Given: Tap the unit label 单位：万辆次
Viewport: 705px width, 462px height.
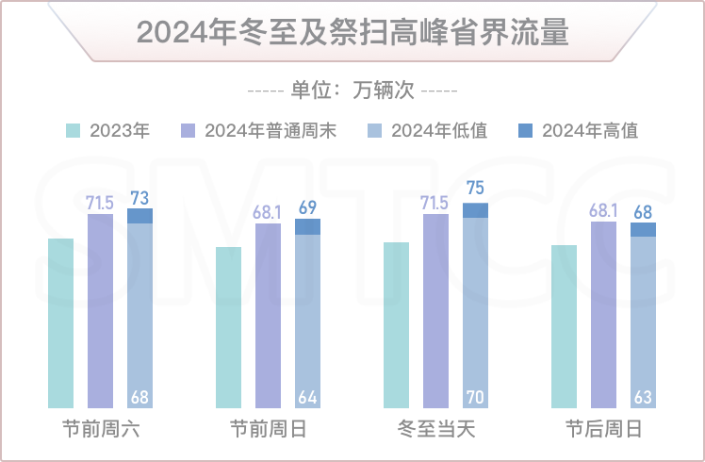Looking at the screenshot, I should point(352,91).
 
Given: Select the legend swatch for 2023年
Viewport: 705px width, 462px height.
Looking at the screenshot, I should point(74,131).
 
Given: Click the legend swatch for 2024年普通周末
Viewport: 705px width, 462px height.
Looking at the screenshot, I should point(187,131).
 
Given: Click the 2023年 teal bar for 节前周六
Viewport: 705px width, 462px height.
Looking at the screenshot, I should point(60,324).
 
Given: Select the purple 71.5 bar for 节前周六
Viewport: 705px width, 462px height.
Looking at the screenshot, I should point(100,312).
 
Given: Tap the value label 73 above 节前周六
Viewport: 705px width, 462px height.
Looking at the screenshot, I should point(139,197).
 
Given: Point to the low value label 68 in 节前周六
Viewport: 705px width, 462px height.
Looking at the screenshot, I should point(139,397).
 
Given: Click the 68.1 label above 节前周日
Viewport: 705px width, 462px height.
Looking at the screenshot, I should point(268,212).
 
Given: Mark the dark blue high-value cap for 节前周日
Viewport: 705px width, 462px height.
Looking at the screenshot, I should point(307,226).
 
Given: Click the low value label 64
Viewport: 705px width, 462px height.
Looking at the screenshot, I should point(307,397).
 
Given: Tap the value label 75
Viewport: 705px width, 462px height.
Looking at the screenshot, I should point(475,188).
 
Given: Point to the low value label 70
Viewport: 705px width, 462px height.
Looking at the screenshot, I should point(475,397).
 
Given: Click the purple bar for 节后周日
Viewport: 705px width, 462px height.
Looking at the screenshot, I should point(603,316).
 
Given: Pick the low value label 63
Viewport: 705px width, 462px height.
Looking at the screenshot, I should point(643,397).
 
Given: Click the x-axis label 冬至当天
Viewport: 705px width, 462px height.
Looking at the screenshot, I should point(436,430).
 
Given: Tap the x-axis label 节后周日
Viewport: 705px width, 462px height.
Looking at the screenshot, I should point(604,430).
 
